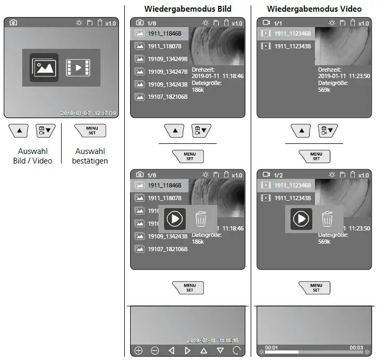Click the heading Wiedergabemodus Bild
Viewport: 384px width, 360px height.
coord(187,8)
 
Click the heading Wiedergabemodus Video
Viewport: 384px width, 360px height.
coord(314,8)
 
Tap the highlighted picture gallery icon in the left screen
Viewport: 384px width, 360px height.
coord(44,67)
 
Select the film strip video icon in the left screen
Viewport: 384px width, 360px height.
coord(78,67)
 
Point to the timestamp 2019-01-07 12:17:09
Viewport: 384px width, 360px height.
coord(88,113)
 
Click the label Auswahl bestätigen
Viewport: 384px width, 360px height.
coord(90,156)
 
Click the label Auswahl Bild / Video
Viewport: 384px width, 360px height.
coord(32,156)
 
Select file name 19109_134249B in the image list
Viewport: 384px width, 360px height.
coord(167,59)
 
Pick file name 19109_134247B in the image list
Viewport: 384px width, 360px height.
coord(167,72)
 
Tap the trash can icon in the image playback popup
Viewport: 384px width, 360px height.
coord(201,219)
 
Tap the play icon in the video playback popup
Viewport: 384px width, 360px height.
coord(301,219)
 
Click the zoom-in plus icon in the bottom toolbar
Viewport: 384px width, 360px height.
coord(139,350)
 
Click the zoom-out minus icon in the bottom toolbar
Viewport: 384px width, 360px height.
coord(155,350)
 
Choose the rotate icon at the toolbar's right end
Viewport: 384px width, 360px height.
coord(237,350)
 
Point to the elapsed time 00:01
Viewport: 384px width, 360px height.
coord(271,348)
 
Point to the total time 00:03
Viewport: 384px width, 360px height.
coord(356,348)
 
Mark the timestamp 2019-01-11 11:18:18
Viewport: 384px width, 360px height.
coord(212,340)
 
